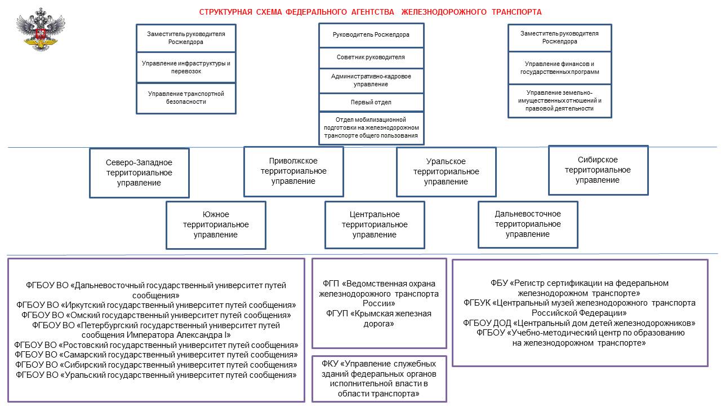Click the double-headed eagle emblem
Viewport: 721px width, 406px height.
click(x=41, y=29)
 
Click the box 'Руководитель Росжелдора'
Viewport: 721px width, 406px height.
click(x=371, y=35)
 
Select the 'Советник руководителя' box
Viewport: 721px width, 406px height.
click(x=371, y=58)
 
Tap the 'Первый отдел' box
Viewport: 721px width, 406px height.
click(x=371, y=103)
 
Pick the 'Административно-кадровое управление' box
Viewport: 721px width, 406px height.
click(x=371, y=81)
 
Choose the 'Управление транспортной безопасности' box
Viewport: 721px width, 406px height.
click(x=186, y=98)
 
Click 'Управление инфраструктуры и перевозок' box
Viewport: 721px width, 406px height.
click(x=186, y=67)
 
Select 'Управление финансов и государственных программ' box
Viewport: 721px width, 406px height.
click(x=560, y=68)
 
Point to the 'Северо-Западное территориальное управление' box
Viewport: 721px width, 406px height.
click(x=139, y=173)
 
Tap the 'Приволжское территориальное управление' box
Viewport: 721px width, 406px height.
click(x=293, y=171)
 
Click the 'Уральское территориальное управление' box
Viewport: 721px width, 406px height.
click(x=446, y=172)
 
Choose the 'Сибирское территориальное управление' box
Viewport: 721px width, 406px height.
click(x=598, y=170)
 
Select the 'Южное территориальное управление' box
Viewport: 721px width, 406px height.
click(x=216, y=225)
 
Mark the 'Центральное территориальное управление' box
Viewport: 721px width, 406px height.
click(x=375, y=225)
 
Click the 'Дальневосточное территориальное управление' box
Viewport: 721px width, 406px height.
click(x=528, y=224)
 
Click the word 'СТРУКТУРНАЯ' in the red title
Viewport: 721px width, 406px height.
click(x=226, y=12)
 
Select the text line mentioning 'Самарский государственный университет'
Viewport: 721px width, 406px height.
click(x=156, y=355)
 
